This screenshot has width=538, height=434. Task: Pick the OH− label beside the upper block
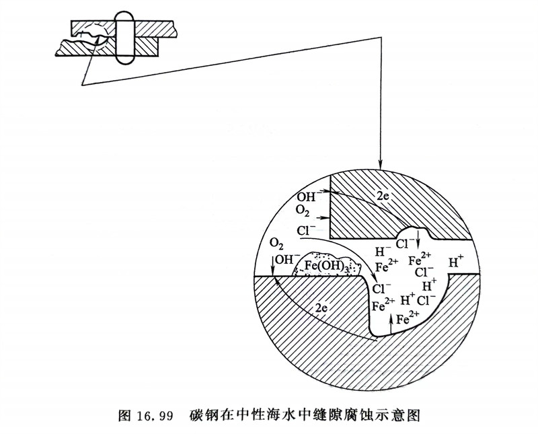click(307, 196)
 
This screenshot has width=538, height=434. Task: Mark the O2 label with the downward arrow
click(276, 243)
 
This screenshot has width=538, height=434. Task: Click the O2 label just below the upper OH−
click(304, 211)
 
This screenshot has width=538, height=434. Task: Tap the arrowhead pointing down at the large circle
click(382, 164)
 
